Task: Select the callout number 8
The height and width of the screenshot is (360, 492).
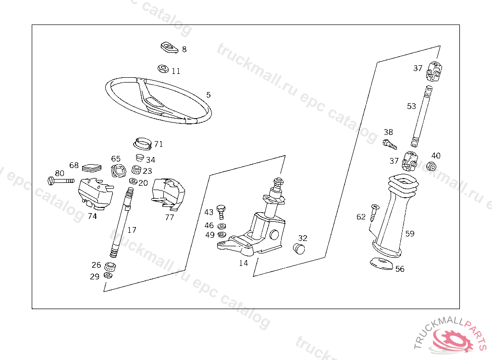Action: [184, 49]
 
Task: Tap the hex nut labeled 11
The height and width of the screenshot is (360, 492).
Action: [163, 69]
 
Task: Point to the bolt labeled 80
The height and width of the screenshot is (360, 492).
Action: [61, 180]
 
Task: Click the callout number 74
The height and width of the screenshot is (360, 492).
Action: [92, 216]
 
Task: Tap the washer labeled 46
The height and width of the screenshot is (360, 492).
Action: [221, 226]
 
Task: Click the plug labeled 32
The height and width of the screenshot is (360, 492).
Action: [299, 249]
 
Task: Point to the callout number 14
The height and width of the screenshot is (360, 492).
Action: [244, 263]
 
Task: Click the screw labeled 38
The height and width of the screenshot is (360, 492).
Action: [389, 143]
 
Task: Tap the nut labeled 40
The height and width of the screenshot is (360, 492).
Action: [431, 167]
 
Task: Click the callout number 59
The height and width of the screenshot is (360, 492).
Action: [409, 234]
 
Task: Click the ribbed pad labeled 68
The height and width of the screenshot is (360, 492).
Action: [92, 168]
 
